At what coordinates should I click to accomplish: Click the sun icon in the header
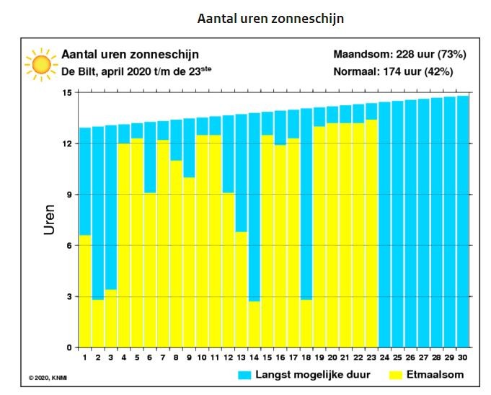41,65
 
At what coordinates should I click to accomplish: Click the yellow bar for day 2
98,324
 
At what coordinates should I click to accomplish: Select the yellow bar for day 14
254,324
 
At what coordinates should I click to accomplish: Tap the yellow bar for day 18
306,324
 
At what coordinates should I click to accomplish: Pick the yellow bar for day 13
241,290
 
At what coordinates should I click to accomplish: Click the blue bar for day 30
463,221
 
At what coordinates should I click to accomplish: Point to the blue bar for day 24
384,225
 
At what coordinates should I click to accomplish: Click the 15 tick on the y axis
68,93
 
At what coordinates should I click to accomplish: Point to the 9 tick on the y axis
69,195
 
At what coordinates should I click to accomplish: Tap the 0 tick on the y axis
69,347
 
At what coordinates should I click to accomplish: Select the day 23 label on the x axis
371,358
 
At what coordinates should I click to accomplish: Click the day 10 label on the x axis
202,358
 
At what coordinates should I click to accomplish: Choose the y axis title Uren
49,220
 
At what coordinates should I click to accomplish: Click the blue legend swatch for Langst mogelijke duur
244,375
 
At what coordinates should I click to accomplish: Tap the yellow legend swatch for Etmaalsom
396,375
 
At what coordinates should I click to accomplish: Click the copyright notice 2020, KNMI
48,378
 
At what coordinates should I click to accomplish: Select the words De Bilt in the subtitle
79,71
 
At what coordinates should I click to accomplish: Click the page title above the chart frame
270,19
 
